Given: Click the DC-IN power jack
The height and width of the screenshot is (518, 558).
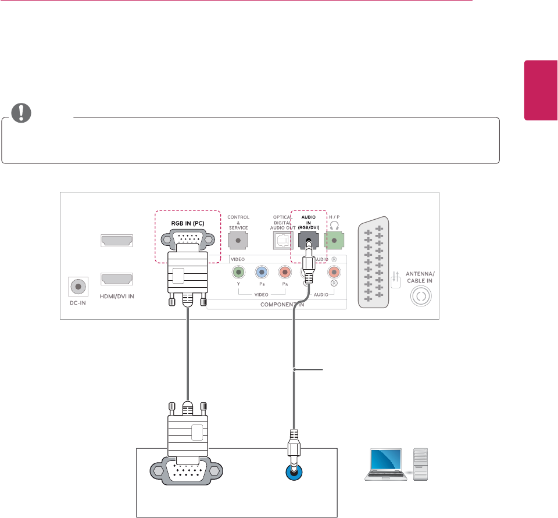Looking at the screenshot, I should [78, 287].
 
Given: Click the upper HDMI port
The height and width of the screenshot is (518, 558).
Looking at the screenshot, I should [117, 240].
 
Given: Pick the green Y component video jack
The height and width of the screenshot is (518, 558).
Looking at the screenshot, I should [237, 271].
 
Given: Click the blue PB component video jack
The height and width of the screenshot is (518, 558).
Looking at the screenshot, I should [261, 271].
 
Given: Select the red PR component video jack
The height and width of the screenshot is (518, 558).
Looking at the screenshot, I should [284, 271].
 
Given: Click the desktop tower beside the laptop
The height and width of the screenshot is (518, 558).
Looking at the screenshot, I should [422, 465].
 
